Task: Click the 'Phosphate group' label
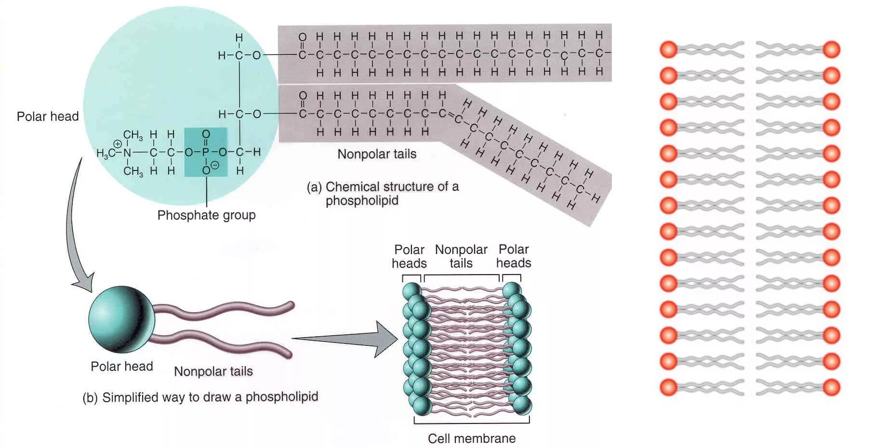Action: click(206, 215)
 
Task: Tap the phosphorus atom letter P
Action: click(206, 152)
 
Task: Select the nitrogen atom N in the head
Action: click(127, 153)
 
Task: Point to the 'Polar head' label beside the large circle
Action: click(48, 116)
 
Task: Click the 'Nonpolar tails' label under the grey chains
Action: click(377, 154)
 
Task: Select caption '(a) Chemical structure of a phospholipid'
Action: click(383, 193)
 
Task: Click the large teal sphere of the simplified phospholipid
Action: click(121, 319)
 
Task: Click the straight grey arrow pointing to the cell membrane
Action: click(347, 339)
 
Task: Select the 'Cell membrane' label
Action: click(472, 438)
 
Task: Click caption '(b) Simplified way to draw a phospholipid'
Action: click(200, 397)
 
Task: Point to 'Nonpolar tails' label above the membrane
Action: click(461, 256)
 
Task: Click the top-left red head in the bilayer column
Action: click(669, 50)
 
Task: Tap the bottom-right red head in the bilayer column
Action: click(832, 387)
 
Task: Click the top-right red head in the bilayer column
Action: click(832, 50)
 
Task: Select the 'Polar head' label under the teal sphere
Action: click(122, 367)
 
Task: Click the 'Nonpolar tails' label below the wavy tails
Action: click(213, 371)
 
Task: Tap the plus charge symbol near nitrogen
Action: click(117, 144)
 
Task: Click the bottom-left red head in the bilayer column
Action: click(669, 387)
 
